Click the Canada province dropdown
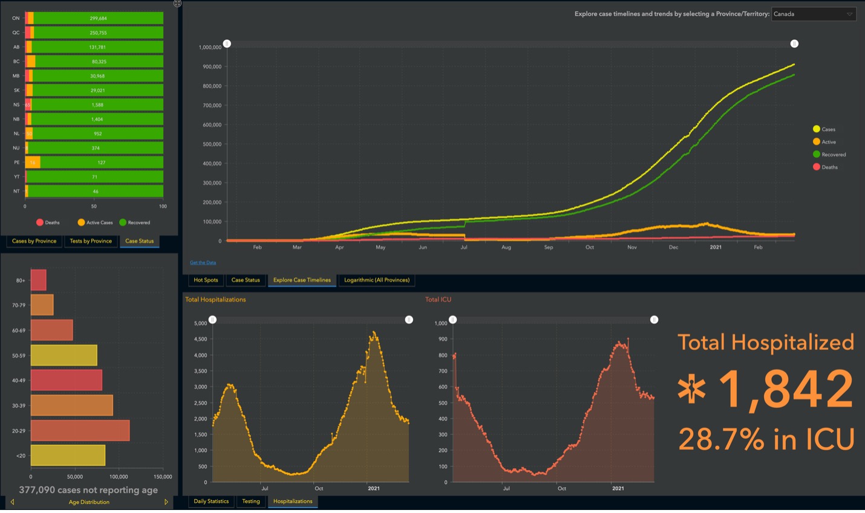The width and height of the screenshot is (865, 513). click(x=813, y=14)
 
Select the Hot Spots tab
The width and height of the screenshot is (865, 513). click(x=206, y=280)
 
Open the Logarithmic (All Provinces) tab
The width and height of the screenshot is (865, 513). click(x=376, y=280)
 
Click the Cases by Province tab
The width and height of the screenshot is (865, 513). click(x=34, y=241)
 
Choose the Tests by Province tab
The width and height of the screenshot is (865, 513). click(x=91, y=241)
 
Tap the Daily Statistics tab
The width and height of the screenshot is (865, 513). click(x=211, y=502)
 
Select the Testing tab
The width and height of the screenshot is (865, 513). click(x=250, y=502)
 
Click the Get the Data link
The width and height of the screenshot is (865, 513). click(x=203, y=263)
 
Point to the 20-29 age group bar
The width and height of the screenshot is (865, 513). click(x=80, y=431)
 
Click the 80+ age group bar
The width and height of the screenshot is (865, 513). click(x=38, y=280)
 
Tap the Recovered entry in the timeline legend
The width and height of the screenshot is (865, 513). click(x=833, y=155)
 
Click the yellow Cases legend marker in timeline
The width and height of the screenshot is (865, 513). click(x=816, y=129)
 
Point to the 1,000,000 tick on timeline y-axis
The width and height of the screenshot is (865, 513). click(x=209, y=47)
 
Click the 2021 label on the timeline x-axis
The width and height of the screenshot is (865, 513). click(x=715, y=247)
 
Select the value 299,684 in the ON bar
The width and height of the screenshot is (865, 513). click(x=97, y=18)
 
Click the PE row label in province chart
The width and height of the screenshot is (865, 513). click(x=17, y=163)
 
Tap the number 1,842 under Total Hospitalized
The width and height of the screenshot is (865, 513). click(x=785, y=390)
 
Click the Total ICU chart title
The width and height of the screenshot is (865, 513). click(x=438, y=300)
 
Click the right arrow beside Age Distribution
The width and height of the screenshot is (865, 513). click(x=166, y=502)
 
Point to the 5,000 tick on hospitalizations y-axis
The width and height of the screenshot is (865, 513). click(x=200, y=323)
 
